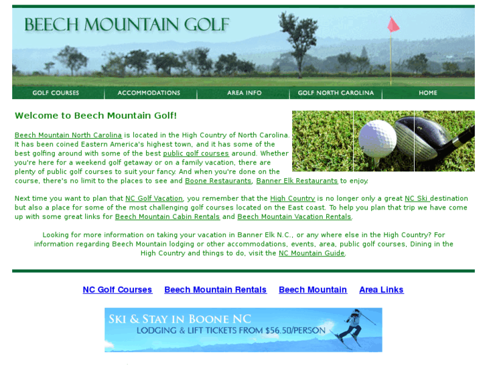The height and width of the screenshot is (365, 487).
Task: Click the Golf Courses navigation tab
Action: click(56, 93)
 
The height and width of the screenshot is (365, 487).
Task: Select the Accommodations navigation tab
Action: click(149, 93)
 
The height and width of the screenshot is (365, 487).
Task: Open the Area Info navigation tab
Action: click(244, 93)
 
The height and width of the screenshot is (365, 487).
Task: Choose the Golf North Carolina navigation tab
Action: click(336, 93)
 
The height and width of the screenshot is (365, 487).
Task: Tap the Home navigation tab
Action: click(428, 93)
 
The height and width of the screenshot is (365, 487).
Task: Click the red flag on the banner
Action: click(393, 25)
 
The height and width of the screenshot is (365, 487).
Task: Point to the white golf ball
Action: click(377, 138)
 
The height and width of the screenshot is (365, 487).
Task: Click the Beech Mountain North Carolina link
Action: click(68, 135)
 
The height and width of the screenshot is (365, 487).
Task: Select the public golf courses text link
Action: click(196, 153)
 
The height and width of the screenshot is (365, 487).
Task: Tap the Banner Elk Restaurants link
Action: click(297, 181)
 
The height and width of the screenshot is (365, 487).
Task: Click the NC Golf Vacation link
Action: click(154, 199)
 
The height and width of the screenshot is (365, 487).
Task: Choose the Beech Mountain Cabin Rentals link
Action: click(167, 217)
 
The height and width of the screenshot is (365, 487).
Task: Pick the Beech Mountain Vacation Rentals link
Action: click(294, 217)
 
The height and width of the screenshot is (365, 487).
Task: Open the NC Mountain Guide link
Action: click(311, 253)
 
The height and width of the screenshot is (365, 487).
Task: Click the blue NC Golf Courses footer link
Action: click(117, 290)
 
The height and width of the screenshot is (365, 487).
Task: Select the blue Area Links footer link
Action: click(381, 290)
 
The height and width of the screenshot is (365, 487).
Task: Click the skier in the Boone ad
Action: click(352, 327)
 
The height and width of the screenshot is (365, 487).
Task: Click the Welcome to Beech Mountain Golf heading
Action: click(96, 116)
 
